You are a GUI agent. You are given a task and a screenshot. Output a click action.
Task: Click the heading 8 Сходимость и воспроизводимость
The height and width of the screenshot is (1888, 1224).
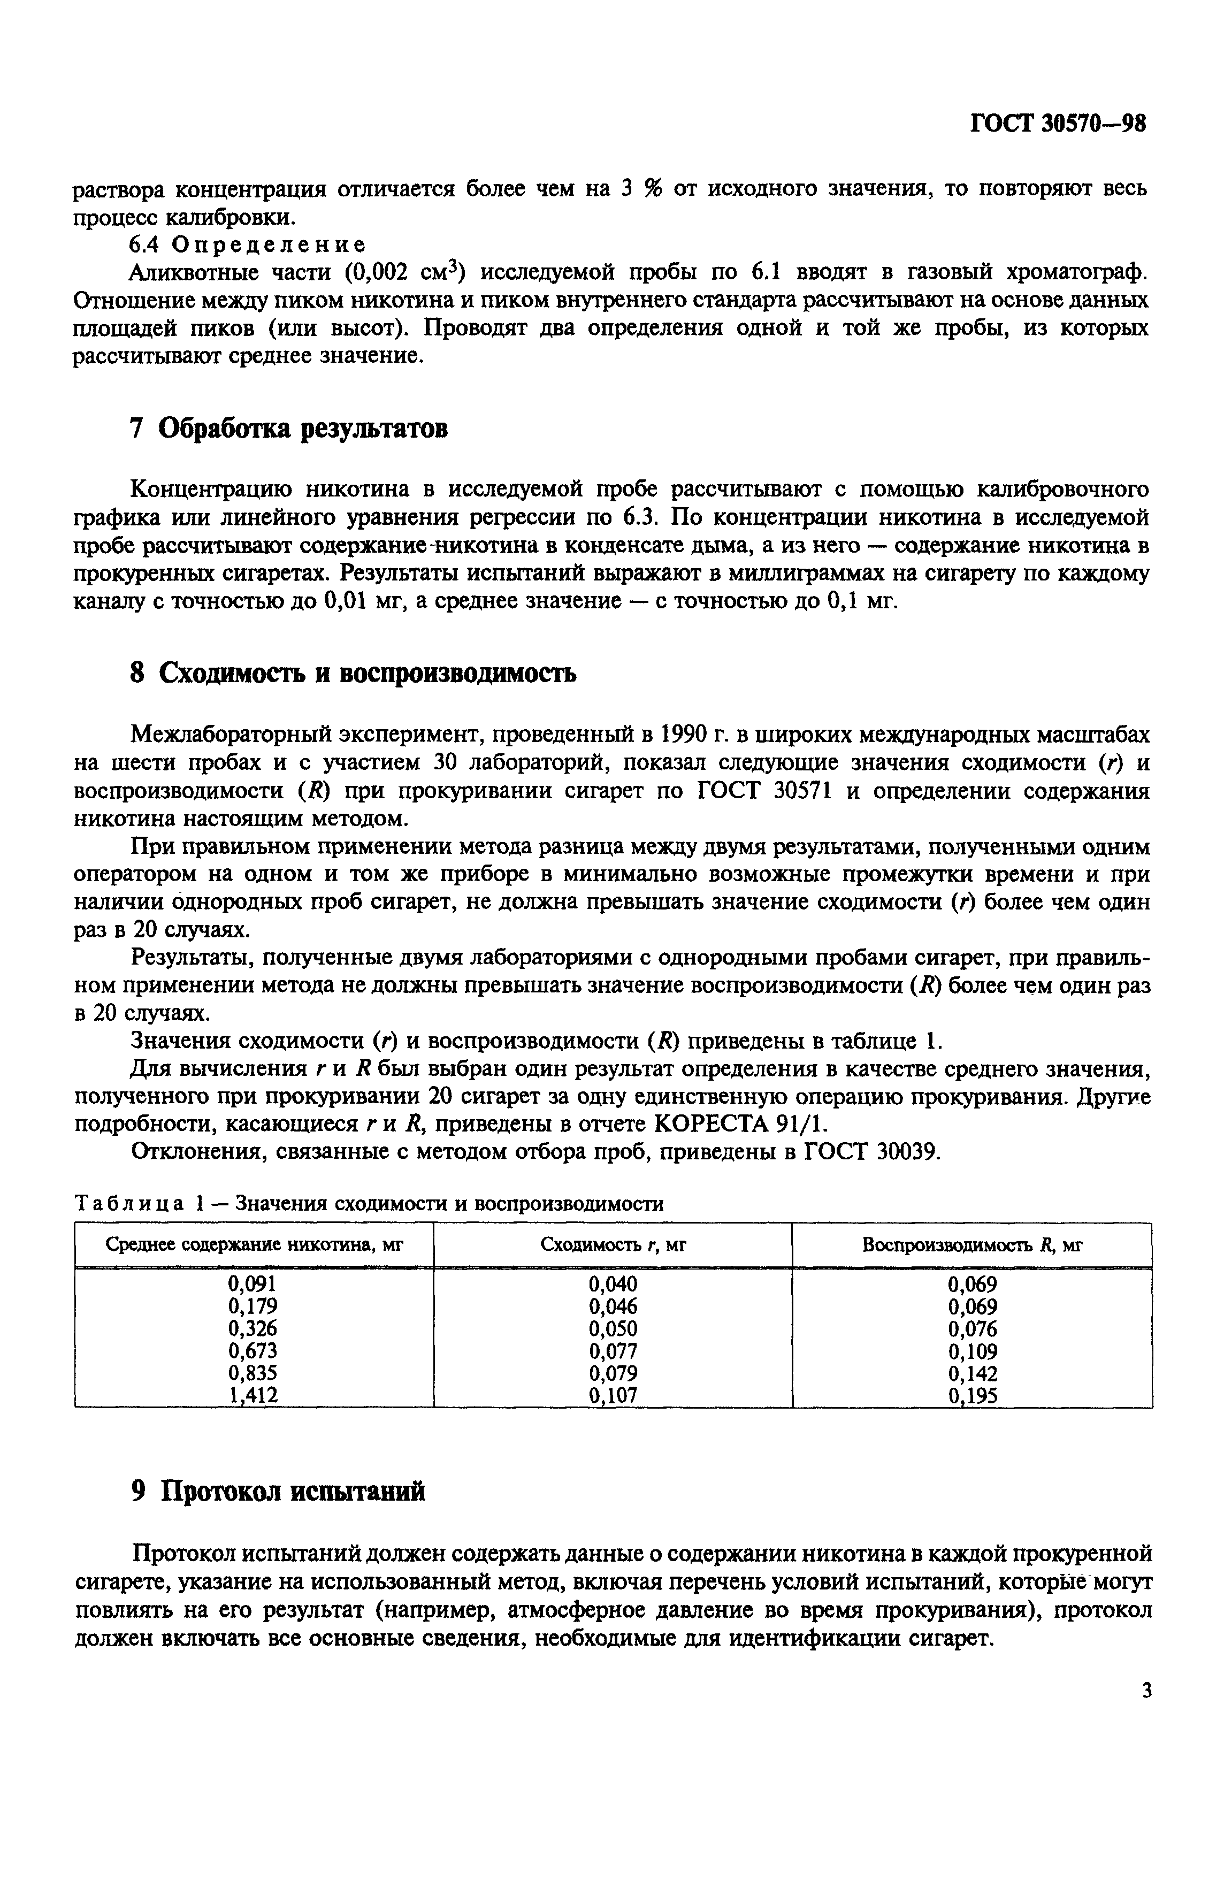[x=352, y=674]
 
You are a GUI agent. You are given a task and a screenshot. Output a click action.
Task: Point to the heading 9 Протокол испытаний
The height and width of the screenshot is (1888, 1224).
[x=277, y=1492]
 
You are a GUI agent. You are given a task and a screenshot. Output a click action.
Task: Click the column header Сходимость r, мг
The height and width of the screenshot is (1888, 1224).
[x=613, y=1244]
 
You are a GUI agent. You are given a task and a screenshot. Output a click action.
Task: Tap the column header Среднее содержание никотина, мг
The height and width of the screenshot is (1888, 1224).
[x=255, y=1244]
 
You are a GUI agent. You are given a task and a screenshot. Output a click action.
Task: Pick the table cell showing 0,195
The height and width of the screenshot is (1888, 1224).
[x=973, y=1395]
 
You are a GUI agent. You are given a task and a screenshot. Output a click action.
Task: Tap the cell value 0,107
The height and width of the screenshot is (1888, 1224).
[x=613, y=1395]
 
